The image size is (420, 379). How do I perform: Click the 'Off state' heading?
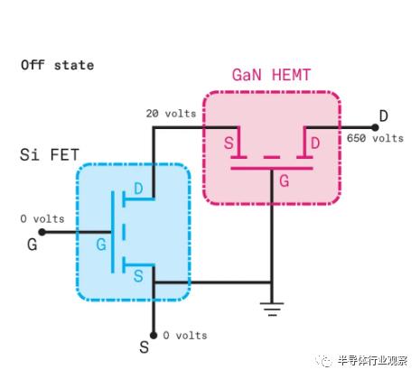(57, 65)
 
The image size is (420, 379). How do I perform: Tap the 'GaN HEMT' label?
(271, 75)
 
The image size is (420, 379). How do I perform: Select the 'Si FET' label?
(50, 154)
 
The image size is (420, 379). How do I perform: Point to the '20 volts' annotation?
(171, 114)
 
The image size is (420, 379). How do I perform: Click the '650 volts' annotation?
(375, 138)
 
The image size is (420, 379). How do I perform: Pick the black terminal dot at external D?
(375, 127)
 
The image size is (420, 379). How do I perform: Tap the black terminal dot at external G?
(42, 232)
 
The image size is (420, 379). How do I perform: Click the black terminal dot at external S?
(154, 335)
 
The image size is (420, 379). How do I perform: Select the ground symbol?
(272, 309)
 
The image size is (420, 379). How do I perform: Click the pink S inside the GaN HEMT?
(229, 143)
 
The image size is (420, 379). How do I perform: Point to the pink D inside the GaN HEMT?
(315, 143)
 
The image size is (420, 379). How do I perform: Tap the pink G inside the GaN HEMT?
(285, 180)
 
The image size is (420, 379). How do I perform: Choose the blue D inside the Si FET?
(138, 189)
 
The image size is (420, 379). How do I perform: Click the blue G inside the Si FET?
(101, 245)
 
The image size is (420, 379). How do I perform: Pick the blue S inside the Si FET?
(138, 276)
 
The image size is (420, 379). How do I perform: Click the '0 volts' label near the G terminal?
(42, 218)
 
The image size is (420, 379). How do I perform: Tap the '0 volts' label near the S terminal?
(185, 336)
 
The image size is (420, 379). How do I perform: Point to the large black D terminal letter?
(383, 116)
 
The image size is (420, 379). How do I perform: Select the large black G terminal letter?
(33, 245)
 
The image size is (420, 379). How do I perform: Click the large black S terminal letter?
(145, 347)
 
